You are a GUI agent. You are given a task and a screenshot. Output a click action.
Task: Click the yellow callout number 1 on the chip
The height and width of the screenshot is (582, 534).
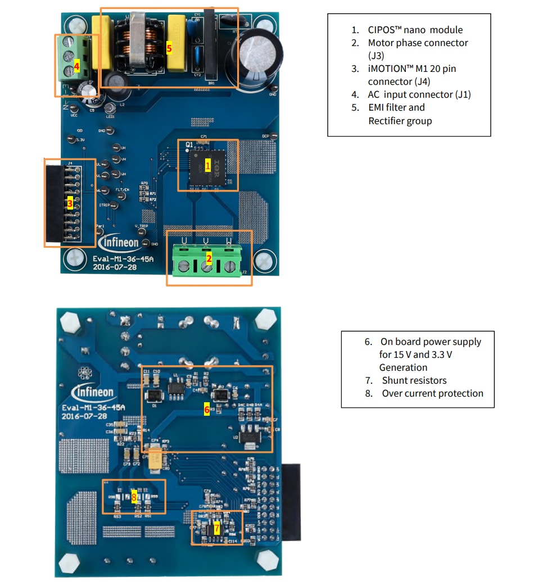click(207, 165)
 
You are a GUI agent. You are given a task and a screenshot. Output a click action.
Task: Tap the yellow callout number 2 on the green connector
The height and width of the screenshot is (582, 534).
click(209, 258)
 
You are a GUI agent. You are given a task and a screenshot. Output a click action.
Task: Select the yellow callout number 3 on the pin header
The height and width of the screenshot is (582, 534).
click(70, 204)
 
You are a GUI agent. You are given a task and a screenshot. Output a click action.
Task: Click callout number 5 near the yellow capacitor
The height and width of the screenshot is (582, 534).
click(169, 48)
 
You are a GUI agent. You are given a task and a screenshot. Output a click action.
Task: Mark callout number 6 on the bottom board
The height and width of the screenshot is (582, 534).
click(207, 410)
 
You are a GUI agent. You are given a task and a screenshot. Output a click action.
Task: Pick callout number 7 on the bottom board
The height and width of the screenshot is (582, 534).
click(216, 528)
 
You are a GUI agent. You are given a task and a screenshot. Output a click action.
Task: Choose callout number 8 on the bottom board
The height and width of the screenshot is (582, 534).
click(134, 496)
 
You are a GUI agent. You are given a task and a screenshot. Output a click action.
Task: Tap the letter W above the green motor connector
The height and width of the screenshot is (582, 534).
click(229, 240)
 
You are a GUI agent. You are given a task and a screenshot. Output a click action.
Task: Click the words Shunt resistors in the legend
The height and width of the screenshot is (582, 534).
click(414, 380)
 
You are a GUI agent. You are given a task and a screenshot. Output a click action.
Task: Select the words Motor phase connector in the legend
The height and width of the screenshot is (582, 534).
click(418, 43)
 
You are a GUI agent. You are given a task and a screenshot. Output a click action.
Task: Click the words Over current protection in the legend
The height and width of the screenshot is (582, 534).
click(432, 393)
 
